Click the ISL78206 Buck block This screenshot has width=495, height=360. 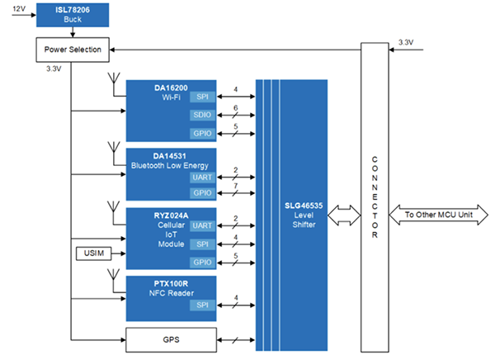(73, 13)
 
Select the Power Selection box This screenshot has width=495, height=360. (73, 50)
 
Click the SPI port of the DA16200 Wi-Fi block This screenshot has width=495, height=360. (202, 97)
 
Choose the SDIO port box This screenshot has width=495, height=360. (202, 115)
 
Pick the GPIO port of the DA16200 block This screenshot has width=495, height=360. (202, 133)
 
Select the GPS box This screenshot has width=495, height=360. (170, 339)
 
